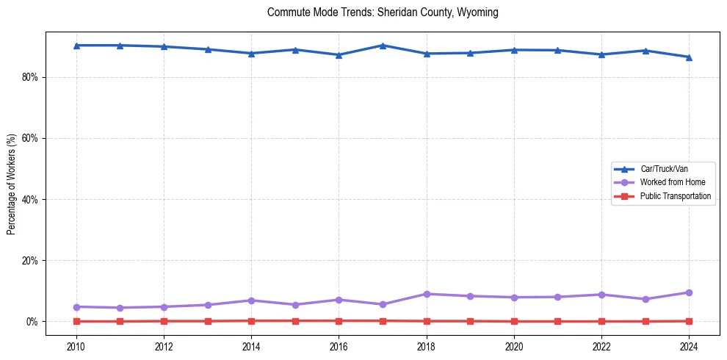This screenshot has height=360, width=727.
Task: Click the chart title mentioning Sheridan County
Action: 383,12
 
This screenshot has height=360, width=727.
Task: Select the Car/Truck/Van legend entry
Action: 664,169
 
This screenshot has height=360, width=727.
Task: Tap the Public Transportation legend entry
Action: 675,196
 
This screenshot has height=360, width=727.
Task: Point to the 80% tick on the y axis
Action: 29,77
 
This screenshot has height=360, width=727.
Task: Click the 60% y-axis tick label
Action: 29,138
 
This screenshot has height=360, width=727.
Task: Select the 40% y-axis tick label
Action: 29,199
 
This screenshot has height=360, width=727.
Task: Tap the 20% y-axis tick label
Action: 29,261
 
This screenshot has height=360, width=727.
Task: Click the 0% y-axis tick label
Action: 32,322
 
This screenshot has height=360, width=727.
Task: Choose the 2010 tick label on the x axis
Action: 76,346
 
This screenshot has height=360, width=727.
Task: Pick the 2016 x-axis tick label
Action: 339,346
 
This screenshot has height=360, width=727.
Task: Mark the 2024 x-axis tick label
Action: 689,346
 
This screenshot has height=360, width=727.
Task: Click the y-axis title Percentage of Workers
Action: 12,184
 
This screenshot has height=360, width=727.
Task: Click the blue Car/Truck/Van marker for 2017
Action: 383,46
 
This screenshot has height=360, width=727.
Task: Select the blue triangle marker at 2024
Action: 689,57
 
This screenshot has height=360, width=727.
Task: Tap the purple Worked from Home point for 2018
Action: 426,294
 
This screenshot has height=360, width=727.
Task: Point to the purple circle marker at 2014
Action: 251,300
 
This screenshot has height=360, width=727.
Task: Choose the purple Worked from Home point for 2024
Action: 689,292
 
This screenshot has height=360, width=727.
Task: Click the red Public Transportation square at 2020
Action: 514,321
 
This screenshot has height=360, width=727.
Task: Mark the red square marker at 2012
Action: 164,321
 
